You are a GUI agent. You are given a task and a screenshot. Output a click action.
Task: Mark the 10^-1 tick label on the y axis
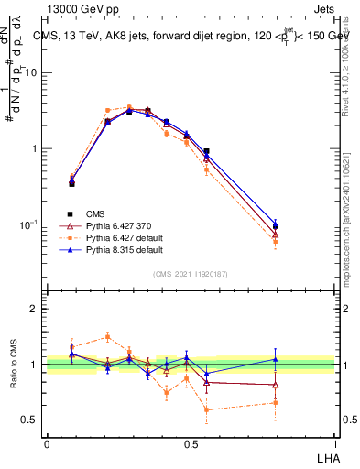(30, 224)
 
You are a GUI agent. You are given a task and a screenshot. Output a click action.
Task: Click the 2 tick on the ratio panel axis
(37, 309)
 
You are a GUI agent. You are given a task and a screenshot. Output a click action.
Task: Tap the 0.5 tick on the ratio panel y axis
(33, 420)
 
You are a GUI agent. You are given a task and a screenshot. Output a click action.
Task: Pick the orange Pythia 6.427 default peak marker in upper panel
(129, 107)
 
